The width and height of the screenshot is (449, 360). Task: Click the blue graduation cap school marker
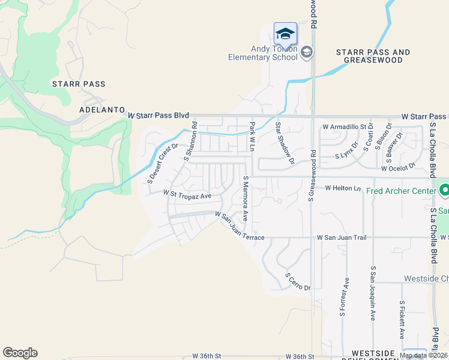(x=285, y=33)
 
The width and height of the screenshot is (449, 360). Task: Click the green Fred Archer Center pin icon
(x=444, y=191)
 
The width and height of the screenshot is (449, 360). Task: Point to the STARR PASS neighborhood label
(x=79, y=84)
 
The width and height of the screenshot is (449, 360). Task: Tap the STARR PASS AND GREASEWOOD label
(x=373, y=56)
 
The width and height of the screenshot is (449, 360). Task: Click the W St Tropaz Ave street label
(x=188, y=195)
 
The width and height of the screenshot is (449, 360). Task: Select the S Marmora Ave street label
(x=246, y=199)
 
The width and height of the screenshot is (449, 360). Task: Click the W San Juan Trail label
(x=342, y=238)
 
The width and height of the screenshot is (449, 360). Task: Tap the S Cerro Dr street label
(x=298, y=282)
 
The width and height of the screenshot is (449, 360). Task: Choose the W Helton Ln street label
(x=345, y=188)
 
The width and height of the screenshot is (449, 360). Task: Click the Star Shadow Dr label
(x=285, y=143)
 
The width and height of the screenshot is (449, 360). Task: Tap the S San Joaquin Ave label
(x=373, y=293)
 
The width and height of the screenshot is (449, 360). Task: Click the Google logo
(x=20, y=353)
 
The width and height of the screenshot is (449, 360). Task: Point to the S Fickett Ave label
(x=402, y=320)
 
